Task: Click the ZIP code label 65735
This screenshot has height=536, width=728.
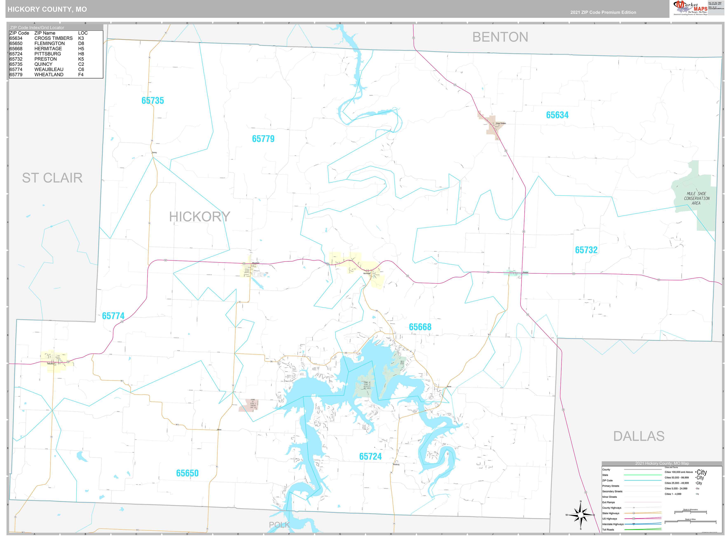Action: tap(152, 101)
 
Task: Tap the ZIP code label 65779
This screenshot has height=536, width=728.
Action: tap(263, 139)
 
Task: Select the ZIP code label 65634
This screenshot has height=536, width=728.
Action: tap(557, 115)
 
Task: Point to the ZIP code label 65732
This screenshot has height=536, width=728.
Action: tap(586, 250)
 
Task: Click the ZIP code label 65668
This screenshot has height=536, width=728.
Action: tap(420, 327)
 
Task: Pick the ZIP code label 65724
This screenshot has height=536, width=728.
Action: tap(370, 456)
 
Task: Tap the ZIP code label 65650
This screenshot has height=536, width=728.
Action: tap(187, 473)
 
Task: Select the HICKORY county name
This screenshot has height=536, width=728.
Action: tap(199, 217)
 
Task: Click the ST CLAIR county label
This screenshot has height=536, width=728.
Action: tap(52, 178)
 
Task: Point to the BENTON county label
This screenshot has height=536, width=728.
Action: tap(500, 37)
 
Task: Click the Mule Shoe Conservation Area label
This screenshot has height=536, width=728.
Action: tap(696, 198)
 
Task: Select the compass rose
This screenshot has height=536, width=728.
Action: tap(580, 515)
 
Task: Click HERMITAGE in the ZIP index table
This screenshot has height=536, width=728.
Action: tap(48, 49)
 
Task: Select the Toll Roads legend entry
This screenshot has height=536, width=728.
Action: tap(608, 530)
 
